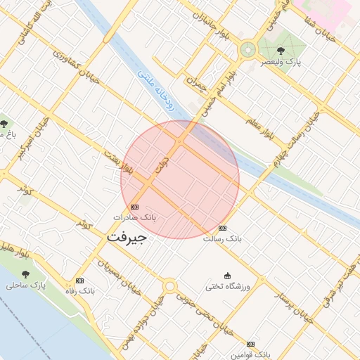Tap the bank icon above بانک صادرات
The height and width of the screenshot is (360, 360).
click(134, 207)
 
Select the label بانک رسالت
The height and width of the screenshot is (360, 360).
click(222, 238)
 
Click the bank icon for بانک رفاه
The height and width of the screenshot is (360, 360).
click(79, 280)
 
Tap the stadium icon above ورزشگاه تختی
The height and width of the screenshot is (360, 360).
click(226, 276)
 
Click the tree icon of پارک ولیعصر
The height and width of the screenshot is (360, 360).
click(281, 51)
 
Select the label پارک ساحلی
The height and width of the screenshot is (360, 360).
click(26, 285)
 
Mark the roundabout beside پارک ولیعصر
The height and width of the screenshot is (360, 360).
click(247, 49)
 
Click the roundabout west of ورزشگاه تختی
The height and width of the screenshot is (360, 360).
click(169, 286)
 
